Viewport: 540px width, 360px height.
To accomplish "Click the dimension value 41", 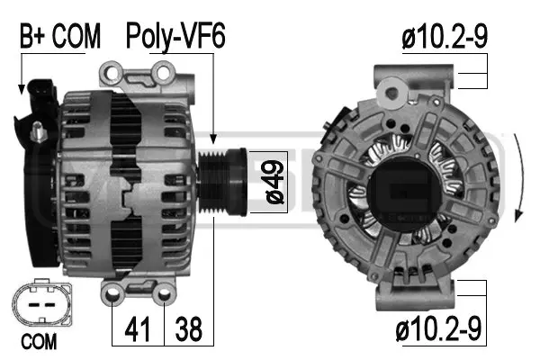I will click(x=136, y=330).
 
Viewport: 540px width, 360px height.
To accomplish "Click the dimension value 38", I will click(x=188, y=330).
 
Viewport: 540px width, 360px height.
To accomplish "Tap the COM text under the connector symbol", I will click(x=38, y=342).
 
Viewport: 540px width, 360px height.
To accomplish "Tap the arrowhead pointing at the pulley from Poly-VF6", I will click(x=213, y=140).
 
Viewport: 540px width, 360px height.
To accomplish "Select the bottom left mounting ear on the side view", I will click(x=115, y=292).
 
